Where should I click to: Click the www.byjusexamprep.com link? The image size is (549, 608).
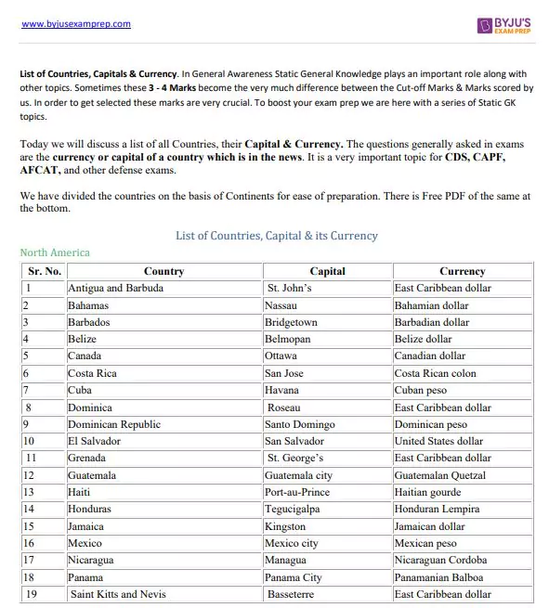click(x=75, y=24)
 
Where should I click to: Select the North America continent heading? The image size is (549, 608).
click(x=55, y=252)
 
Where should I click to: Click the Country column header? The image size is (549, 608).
click(x=163, y=271)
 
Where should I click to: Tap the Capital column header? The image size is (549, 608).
click(x=327, y=271)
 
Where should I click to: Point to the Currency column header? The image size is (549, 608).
click(x=462, y=271)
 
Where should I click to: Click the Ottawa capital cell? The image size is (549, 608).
click(x=281, y=356)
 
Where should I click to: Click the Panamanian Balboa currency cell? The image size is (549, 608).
click(x=442, y=577)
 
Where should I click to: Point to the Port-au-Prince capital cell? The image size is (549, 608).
click(x=297, y=492)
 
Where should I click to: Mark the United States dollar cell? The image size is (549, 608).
click(x=438, y=441)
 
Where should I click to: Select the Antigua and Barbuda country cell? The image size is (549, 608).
click(x=115, y=288)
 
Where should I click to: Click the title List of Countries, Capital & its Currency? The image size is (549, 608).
click(x=276, y=236)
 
